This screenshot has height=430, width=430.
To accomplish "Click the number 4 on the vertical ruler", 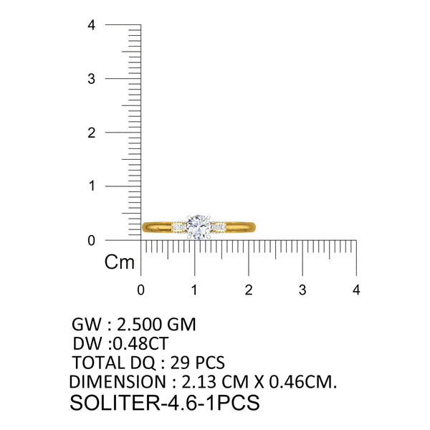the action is pyautogui.click(x=91, y=25).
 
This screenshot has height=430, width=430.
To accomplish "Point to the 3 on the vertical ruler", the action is pyautogui.click(x=91, y=79).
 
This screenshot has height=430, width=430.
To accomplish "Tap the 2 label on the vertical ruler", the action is pyautogui.click(x=91, y=133).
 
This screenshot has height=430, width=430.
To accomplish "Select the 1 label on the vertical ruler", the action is pyautogui.click(x=92, y=186).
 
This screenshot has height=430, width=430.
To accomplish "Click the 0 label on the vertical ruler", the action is pyautogui.click(x=91, y=241).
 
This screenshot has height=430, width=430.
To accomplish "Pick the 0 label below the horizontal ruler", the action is pyautogui.click(x=140, y=290).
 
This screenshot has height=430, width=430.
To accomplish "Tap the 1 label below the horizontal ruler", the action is pyautogui.click(x=194, y=290).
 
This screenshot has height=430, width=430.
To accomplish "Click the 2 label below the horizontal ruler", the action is pyautogui.click(x=249, y=290).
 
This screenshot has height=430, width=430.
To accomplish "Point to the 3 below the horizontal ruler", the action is pyautogui.click(x=302, y=290).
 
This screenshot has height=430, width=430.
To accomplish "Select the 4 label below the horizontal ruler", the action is pyautogui.click(x=356, y=290).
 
